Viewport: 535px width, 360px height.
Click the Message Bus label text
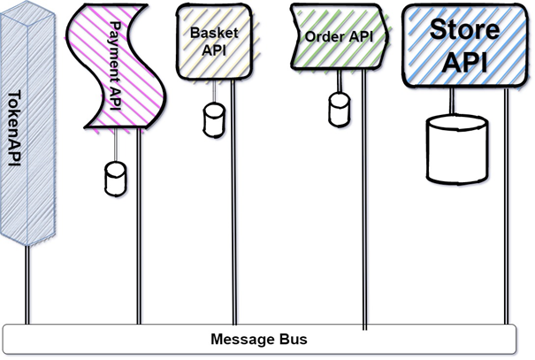tap(258, 339)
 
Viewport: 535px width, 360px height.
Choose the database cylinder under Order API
tap(339, 108)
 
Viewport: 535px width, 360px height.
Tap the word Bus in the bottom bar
tap(291, 339)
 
